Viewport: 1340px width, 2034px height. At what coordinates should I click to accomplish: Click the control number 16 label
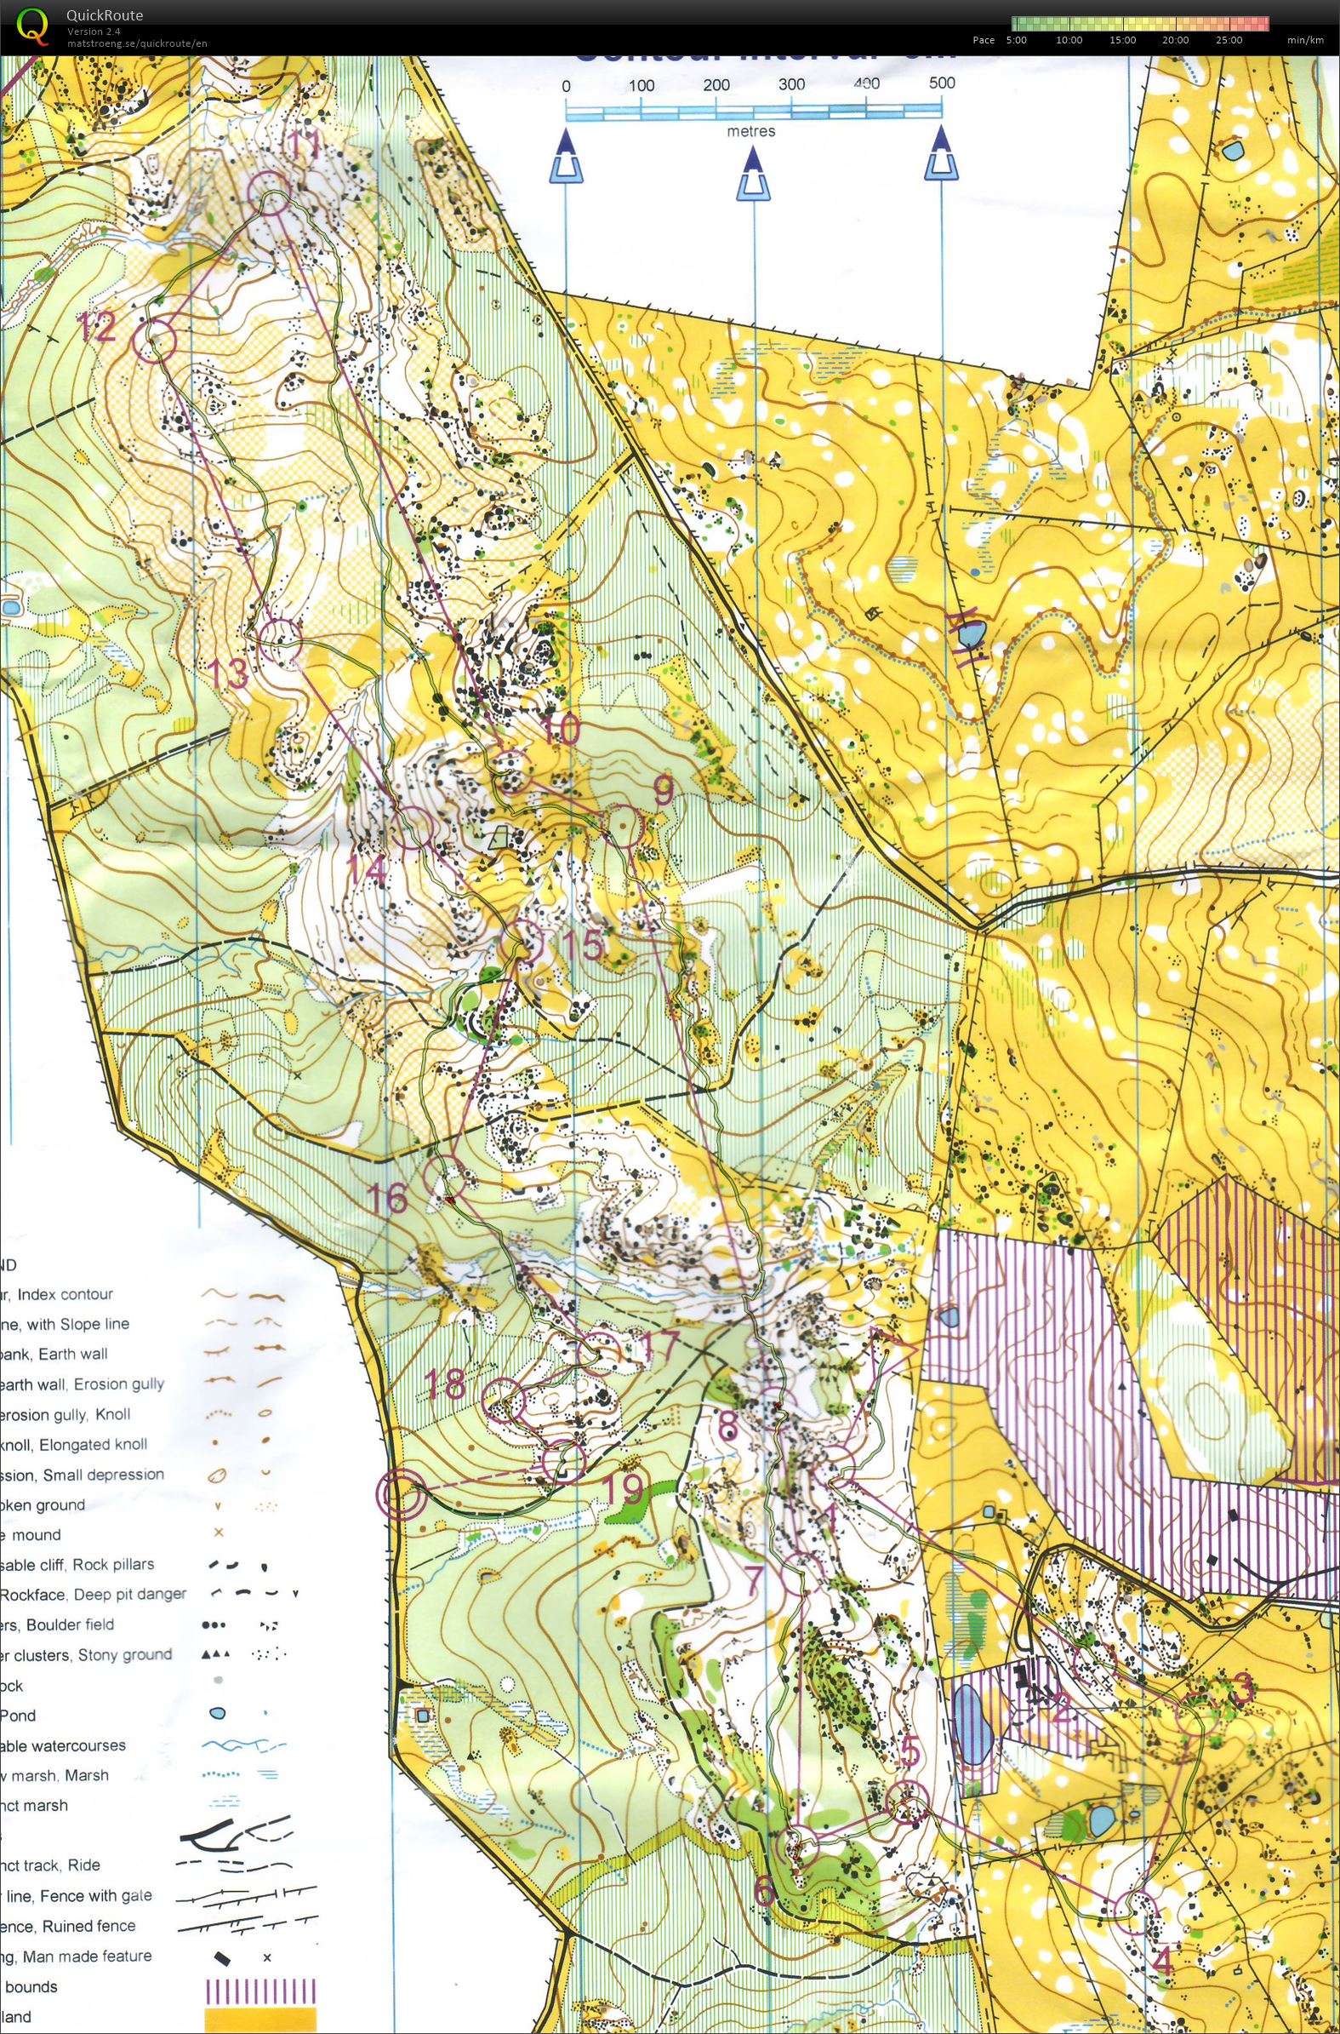pyautogui.click(x=387, y=1198)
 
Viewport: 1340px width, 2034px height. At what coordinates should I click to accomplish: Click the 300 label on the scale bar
pyautogui.click(x=791, y=84)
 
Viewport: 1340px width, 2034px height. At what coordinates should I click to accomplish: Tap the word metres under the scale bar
pyautogui.click(x=751, y=132)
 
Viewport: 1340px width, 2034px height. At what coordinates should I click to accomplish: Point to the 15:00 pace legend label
pyautogui.click(x=1122, y=40)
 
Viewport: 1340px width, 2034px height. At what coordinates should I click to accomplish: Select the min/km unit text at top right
pyautogui.click(x=1305, y=40)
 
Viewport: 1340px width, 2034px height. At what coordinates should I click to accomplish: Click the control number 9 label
pyautogui.click(x=663, y=791)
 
